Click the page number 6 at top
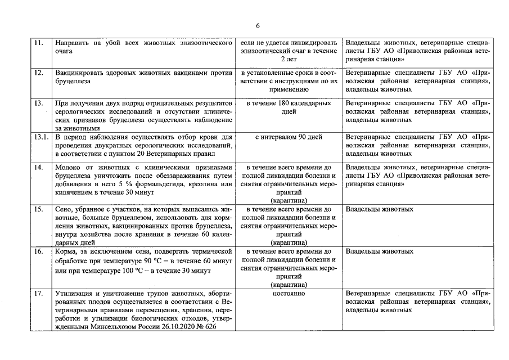[x=257, y=26]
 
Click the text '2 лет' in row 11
[x=289, y=59]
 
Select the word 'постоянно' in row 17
[x=289, y=294]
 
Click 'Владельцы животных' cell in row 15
[x=380, y=209]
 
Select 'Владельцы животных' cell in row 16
[x=380, y=251]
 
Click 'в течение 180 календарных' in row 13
[x=289, y=105]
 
